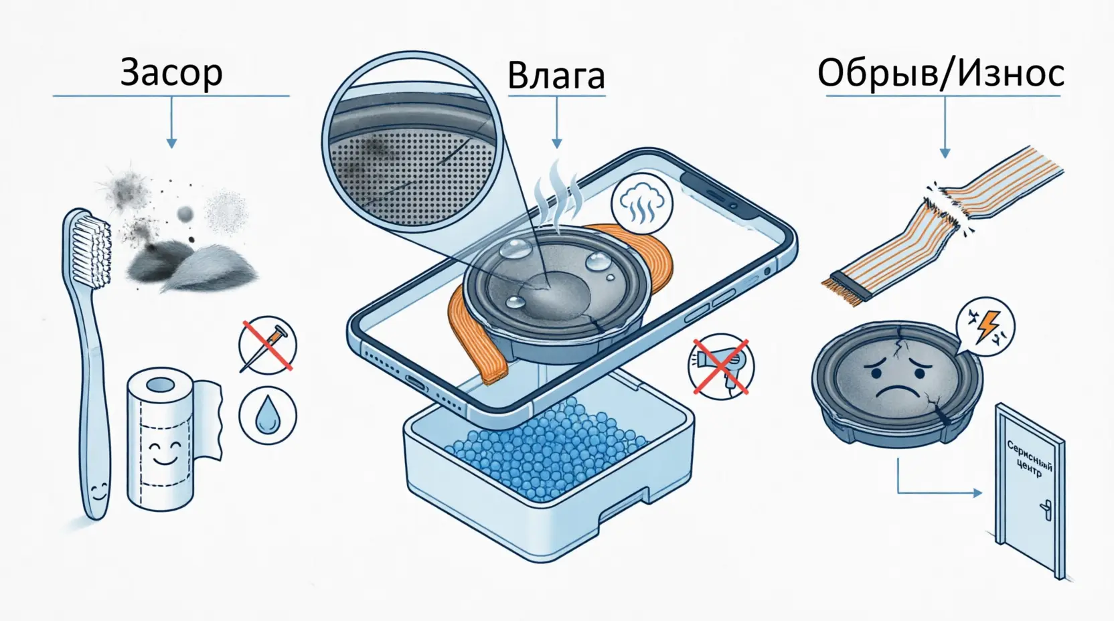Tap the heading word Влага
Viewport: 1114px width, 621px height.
coord(556,76)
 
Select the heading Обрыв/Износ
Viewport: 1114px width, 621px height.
coord(941,74)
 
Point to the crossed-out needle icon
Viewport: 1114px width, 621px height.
coord(268,345)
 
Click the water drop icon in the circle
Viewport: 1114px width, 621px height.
coord(268,416)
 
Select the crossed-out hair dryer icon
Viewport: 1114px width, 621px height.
coord(721,367)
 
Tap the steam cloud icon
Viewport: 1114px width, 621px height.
coord(641,203)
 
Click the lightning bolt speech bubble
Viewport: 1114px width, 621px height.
coord(985,327)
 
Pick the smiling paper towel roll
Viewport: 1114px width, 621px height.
coord(160,438)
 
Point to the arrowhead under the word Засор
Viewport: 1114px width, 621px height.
coord(171,143)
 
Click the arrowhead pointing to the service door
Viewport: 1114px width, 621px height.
coord(977,493)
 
